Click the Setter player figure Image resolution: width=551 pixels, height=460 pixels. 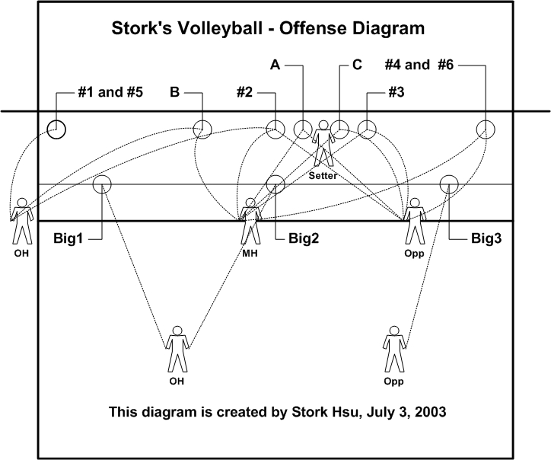pos(323,143)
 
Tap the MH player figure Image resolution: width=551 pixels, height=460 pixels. pos(250,221)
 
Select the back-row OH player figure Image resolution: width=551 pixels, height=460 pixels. pos(177,349)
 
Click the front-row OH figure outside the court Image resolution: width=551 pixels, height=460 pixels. pos(22,221)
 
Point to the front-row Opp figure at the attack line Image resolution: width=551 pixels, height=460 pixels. pos(415,221)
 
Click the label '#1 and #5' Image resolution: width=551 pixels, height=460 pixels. pos(110,92)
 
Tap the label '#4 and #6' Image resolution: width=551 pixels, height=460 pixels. pos(419,65)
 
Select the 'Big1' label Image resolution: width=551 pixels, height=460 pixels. pos(68,238)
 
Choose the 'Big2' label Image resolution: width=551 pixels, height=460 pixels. pos(304,238)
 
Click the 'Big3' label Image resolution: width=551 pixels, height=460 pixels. pos(486,238)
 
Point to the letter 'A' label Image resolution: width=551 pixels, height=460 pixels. pos(275,65)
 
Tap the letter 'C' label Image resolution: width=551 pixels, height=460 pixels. pos(357,65)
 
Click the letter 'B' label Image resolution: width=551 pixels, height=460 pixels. pos(174,92)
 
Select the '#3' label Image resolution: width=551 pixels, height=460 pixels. pos(397,92)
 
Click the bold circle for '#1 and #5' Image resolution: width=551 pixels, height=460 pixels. pos(56,120)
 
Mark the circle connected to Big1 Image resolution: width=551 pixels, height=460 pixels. pos(102,175)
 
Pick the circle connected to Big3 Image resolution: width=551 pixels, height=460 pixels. pos(449,175)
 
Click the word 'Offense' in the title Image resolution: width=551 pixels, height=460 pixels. pos(313,28)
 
